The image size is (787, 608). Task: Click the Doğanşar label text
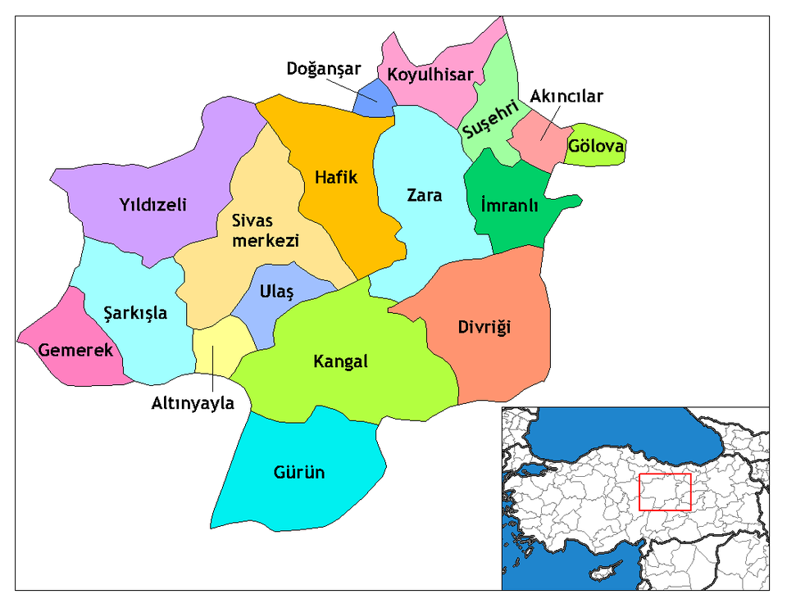[324, 69]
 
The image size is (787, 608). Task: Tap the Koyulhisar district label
[430, 75]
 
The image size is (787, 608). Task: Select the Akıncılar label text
[566, 97]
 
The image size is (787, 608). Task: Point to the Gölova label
[596, 147]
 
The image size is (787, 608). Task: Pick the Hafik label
[337, 176]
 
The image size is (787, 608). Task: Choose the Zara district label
[425, 195]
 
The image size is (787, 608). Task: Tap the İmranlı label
[509, 206]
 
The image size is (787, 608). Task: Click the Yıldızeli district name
[152, 204]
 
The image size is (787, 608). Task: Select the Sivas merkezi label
[253, 230]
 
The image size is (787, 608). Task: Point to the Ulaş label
[275, 292]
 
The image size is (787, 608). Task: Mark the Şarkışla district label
[136, 312]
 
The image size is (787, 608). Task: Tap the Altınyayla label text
[193, 403]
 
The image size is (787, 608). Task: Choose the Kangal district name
[341, 361]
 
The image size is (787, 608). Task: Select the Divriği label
[484, 328]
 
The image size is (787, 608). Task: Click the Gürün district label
[299, 473]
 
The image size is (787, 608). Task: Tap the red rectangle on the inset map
[665, 492]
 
